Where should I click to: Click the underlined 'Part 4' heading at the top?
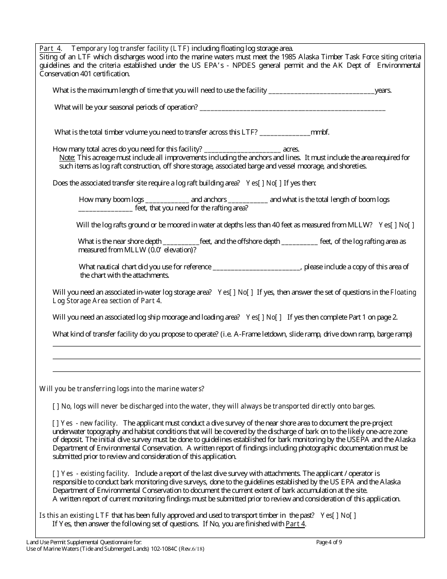[x=50, y=48]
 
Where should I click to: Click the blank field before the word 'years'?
[x=321, y=90]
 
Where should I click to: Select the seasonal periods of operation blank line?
[x=292, y=107]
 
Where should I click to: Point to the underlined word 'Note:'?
[x=67, y=158]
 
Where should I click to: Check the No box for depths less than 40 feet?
[x=411, y=225]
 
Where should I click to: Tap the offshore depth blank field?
[x=299, y=242]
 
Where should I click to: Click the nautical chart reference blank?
[x=256, y=267]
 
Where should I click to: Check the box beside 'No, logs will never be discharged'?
[x=56, y=406]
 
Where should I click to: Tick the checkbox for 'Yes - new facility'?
[x=56, y=423]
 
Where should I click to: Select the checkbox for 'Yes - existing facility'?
[x=56, y=474]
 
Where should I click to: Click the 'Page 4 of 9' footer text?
[x=329, y=542]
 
